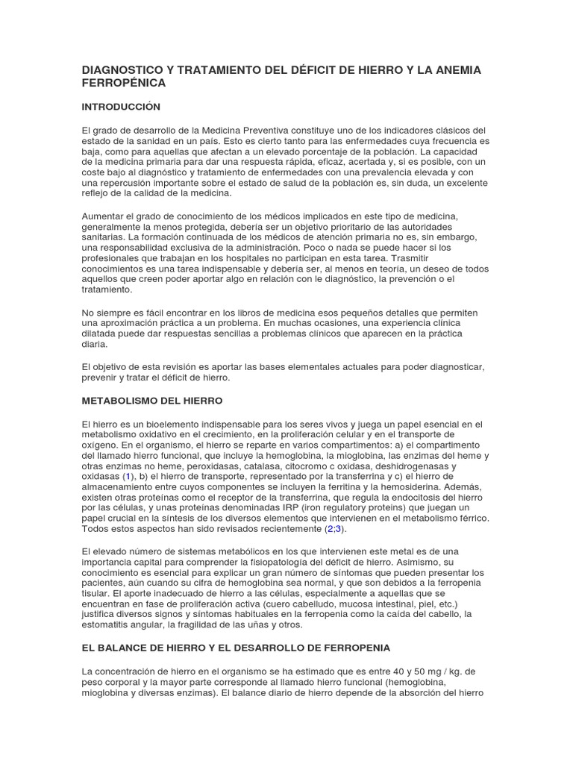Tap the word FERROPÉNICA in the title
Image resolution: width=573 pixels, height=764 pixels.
[123, 83]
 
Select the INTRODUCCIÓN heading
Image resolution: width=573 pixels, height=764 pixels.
[121, 107]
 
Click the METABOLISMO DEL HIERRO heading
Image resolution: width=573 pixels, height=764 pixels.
[152, 401]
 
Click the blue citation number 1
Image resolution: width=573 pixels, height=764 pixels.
[128, 475]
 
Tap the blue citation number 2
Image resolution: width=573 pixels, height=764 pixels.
[329, 528]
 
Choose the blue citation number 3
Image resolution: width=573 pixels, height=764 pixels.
[338, 528]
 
